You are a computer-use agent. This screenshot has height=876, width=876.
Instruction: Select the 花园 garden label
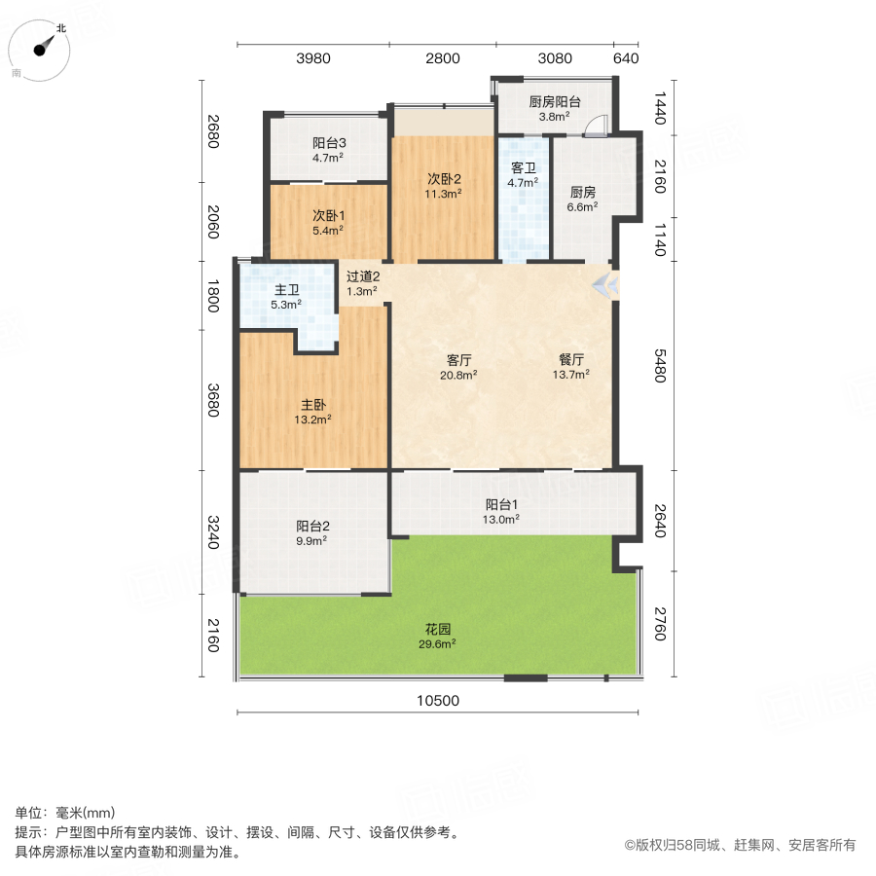coord(437,629)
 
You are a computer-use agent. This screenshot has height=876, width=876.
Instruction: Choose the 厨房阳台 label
coord(555,101)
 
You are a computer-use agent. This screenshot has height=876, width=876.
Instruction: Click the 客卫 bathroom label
coord(524,166)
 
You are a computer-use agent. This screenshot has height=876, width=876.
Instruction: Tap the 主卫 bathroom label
coord(287,289)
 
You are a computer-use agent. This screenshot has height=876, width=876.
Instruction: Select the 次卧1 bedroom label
coord(328,215)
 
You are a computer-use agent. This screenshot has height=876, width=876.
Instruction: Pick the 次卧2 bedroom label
coord(444,178)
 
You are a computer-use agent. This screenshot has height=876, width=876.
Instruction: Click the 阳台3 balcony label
coord(330,142)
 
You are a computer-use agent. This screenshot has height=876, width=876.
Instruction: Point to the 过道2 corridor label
coord(363,276)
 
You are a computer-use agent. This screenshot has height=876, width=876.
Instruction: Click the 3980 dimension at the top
coord(313,58)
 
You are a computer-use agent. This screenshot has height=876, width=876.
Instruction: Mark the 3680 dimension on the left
coord(213,400)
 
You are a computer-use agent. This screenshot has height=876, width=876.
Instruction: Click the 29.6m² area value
coord(437,643)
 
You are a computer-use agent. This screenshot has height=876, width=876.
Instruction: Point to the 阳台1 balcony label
coord(501,504)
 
